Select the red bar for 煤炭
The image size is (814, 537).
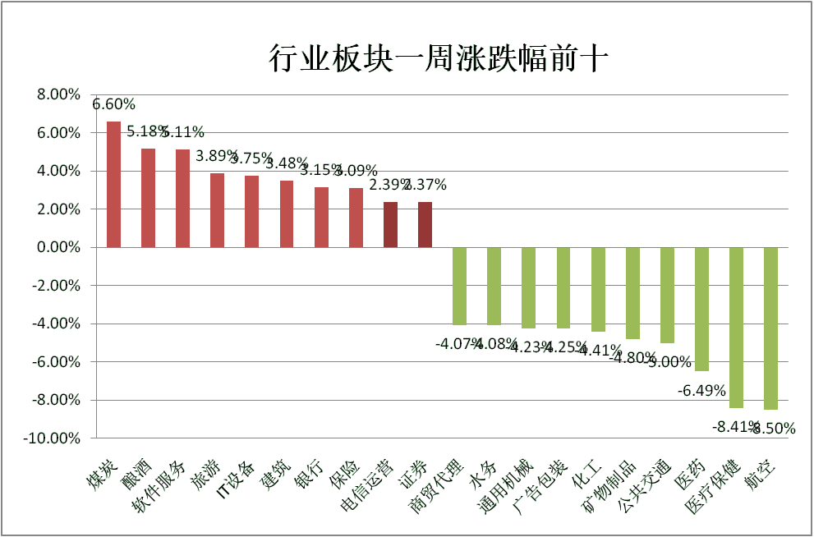pyautogui.click(x=113, y=184)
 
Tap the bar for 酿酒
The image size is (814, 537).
pyautogui.click(x=148, y=198)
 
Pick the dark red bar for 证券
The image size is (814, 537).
pyautogui.click(x=425, y=224)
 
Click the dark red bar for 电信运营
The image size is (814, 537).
pyautogui.click(x=390, y=224)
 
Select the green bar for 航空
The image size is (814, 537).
pyautogui.click(x=770, y=328)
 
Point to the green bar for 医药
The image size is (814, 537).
pyautogui.click(x=701, y=309)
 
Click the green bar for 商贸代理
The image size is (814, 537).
pyautogui.click(x=459, y=286)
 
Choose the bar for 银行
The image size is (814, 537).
pyautogui.click(x=321, y=217)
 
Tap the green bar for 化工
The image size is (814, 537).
pyautogui.click(x=598, y=289)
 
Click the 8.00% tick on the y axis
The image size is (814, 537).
pyautogui.click(x=58, y=95)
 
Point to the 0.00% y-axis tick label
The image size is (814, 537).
pyautogui.click(x=58, y=247)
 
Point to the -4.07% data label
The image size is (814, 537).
pyautogui.click(x=454, y=342)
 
